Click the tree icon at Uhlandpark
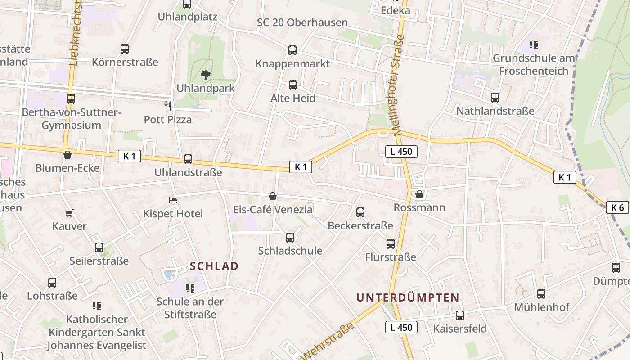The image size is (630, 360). (206, 75)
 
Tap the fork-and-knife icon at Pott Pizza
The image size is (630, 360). (168, 106)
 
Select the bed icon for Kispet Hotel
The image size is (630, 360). (173, 200)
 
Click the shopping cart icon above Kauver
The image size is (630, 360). (69, 213)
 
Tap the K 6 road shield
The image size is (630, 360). (617, 207)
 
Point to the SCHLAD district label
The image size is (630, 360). (214, 266)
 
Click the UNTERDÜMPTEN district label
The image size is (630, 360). (408, 297)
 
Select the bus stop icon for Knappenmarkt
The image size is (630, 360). (292, 50)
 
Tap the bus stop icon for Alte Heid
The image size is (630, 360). (293, 85)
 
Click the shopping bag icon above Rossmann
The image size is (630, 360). (419, 194)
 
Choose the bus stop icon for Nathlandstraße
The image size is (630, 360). (495, 97)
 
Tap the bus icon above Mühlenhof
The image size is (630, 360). (541, 294)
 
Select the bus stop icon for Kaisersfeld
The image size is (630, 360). (460, 315)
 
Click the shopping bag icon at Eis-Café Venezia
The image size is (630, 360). (273, 196)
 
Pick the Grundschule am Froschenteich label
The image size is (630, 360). (534, 64)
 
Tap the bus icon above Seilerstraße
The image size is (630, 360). (99, 247)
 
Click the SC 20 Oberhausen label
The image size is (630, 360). (302, 22)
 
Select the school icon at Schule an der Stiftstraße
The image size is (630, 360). (190, 288)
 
